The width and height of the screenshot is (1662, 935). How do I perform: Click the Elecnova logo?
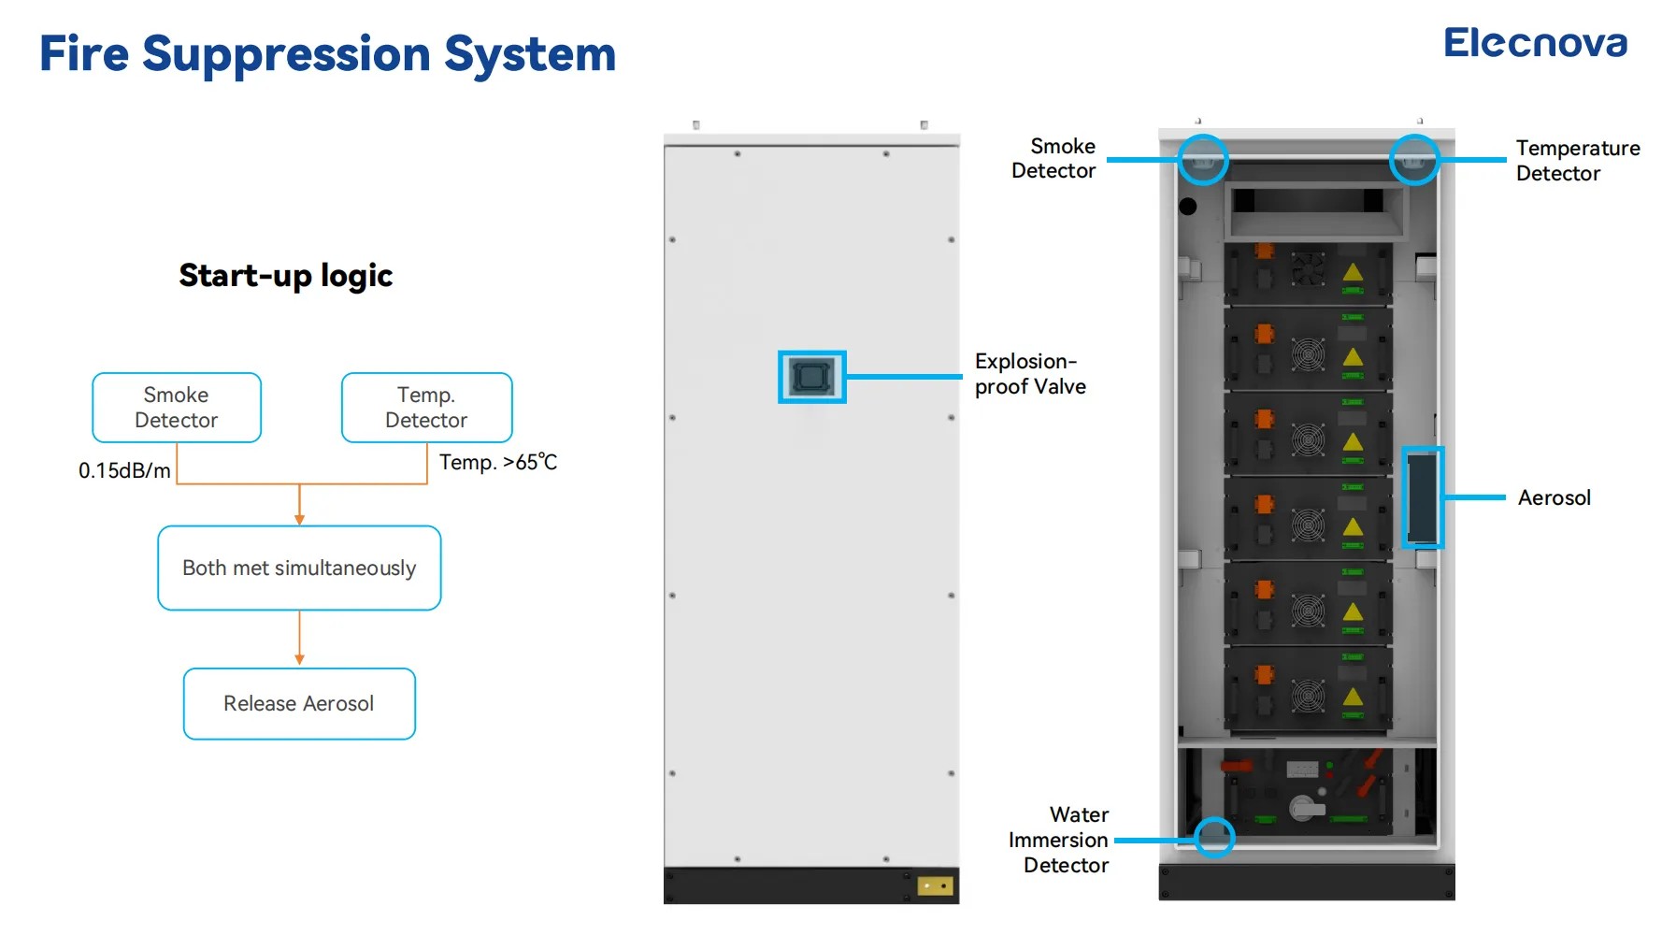[x=1535, y=43]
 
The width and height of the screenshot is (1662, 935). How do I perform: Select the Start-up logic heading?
[x=285, y=276]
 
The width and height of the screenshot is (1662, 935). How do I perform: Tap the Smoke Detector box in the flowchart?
[x=177, y=408]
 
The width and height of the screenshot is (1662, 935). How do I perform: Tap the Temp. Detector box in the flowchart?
[x=426, y=408]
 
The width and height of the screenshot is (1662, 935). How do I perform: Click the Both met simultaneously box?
[x=299, y=568]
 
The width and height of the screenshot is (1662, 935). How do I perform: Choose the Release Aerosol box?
[x=299, y=704]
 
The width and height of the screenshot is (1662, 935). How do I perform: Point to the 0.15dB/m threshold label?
[x=124, y=470]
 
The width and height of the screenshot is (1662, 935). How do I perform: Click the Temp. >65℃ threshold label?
[x=498, y=463]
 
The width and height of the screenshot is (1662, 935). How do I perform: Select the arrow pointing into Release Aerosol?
[x=299, y=654]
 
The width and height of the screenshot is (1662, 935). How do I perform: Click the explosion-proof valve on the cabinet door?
[x=811, y=377]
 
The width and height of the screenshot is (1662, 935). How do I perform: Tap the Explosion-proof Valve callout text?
[x=1030, y=374]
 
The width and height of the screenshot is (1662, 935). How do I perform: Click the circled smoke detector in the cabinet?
[x=1202, y=160]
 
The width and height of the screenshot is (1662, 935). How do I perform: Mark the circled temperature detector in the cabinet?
[x=1413, y=160]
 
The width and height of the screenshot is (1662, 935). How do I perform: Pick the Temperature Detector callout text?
[x=1577, y=161]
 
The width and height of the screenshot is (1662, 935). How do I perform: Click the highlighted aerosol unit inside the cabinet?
[x=1423, y=497]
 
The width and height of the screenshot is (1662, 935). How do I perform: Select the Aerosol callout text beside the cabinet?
[x=1554, y=498]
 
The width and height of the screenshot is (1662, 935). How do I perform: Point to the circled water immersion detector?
[x=1214, y=838]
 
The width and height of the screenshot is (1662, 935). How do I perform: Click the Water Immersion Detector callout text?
[x=1060, y=841]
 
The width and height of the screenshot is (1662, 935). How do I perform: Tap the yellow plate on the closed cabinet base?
[x=935, y=885]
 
